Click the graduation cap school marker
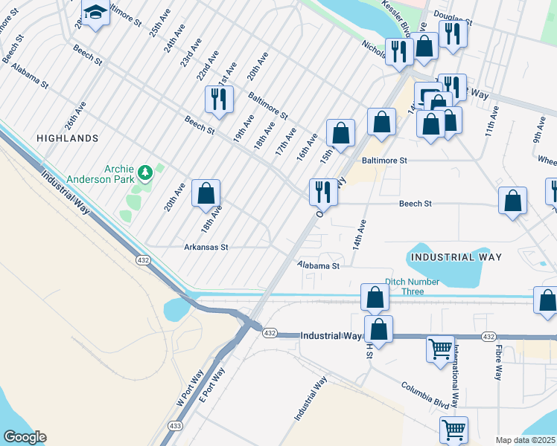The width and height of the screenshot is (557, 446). tap(95, 14)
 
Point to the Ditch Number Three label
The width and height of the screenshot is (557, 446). tap(412, 286)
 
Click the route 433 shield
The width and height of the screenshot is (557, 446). tap(174, 425)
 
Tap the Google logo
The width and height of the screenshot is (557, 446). tap(25, 436)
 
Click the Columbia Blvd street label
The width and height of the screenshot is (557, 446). tap(427, 395)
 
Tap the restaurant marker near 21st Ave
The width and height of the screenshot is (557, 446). tap(219, 99)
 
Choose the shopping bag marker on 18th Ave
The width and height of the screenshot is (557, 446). tap(206, 194)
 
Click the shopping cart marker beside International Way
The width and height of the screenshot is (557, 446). tap(440, 348)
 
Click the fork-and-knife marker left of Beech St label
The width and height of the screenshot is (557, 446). tap(323, 193)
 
